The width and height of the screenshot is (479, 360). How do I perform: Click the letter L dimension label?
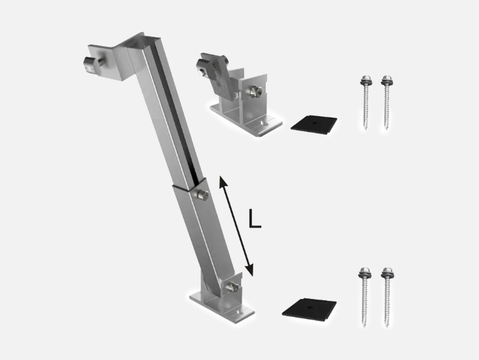[255, 219]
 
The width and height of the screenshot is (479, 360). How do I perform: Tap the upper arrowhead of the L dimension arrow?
[223, 181]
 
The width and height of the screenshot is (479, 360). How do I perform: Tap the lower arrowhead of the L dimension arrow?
[250, 270]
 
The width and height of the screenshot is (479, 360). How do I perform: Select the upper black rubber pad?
[314, 125]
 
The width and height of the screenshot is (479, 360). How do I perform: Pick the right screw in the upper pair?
[386, 102]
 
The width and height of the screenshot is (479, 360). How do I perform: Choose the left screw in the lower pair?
[364, 297]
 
